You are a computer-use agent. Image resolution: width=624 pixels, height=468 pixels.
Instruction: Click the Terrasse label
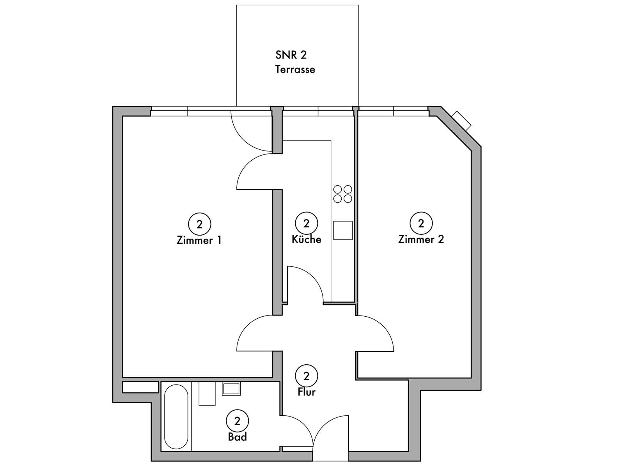(x=295, y=70)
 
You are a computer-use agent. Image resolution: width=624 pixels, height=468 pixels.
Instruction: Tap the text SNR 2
(x=291, y=55)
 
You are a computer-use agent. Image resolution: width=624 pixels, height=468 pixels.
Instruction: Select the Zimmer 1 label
(x=199, y=240)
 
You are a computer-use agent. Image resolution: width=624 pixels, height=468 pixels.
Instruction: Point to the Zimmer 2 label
(x=421, y=239)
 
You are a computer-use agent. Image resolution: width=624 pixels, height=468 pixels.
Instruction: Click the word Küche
(x=307, y=239)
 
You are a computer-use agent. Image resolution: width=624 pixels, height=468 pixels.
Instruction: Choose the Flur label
(x=307, y=392)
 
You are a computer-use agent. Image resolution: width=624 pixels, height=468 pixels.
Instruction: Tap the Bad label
(x=238, y=437)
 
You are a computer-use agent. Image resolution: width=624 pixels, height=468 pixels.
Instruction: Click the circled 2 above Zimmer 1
(x=200, y=224)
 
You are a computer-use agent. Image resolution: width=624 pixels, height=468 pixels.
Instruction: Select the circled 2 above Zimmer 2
(x=421, y=223)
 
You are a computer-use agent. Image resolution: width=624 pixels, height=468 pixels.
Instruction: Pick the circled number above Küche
(x=307, y=223)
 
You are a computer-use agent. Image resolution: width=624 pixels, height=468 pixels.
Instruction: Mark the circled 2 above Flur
(x=307, y=376)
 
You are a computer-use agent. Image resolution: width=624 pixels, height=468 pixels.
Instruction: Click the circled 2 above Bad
(x=238, y=421)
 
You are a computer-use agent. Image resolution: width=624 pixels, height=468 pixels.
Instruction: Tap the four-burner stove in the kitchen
(x=342, y=194)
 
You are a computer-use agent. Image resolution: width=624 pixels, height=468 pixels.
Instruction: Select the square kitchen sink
(x=343, y=230)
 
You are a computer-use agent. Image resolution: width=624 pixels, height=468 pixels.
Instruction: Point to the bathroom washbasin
(x=231, y=388)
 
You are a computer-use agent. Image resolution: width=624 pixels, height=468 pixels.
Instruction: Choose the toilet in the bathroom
(x=207, y=394)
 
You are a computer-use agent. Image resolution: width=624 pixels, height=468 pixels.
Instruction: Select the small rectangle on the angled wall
(x=462, y=121)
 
